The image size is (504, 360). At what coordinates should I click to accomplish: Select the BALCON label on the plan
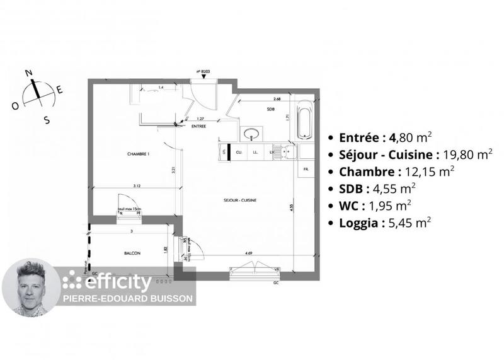click(x=132, y=253)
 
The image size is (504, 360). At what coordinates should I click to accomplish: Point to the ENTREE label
click(x=199, y=126)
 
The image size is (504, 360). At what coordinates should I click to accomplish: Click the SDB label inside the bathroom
click(x=270, y=109)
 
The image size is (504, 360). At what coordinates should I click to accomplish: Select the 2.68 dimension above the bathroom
click(x=277, y=99)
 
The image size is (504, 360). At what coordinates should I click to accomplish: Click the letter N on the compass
click(x=28, y=73)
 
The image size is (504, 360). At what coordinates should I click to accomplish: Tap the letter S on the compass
click(x=46, y=119)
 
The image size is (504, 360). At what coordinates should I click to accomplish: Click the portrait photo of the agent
click(x=31, y=287)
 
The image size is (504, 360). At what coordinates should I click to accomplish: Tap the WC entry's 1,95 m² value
click(x=391, y=205)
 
